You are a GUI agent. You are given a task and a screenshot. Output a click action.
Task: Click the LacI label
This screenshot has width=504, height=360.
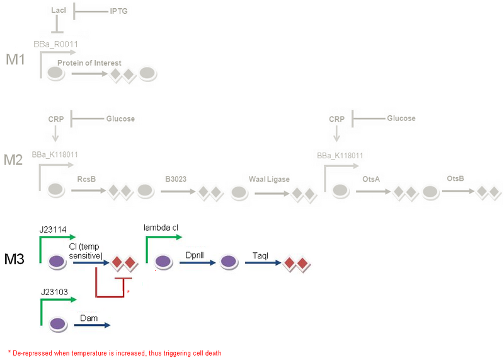click(57, 11)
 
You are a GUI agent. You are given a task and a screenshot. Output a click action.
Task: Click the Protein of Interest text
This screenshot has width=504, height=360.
click(89, 62)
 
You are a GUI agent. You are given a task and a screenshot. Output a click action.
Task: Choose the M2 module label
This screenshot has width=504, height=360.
click(13, 160)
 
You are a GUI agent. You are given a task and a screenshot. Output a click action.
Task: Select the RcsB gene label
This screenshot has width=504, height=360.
click(86, 179)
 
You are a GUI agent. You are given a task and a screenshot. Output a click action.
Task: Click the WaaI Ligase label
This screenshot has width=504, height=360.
click(269, 179)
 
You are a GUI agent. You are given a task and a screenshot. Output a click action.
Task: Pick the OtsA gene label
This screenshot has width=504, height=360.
click(370, 179)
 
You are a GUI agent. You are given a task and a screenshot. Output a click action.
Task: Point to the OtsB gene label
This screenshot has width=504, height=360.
click(455, 178)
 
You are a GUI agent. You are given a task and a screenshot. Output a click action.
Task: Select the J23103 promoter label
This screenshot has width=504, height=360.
click(54, 293)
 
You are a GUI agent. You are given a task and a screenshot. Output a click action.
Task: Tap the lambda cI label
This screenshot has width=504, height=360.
click(162, 228)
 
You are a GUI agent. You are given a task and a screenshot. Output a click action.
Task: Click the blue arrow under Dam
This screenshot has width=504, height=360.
click(95, 325)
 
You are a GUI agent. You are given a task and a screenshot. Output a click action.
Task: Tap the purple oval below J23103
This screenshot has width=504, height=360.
click(58, 325)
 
